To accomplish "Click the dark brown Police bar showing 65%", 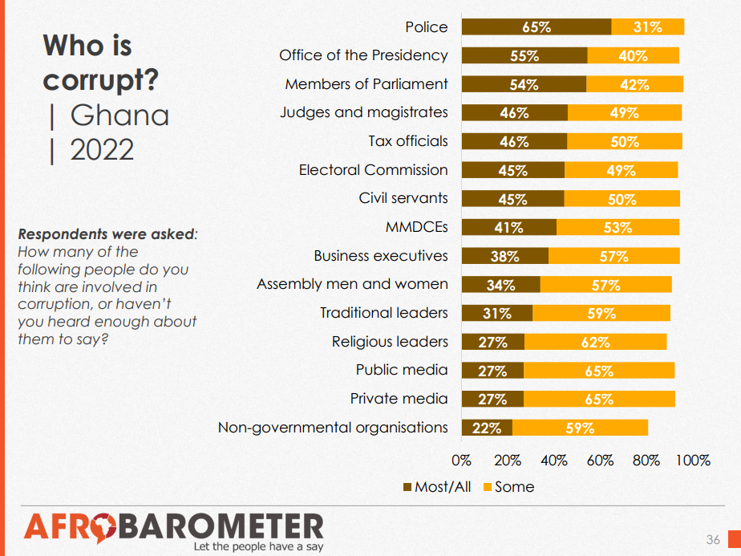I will pos(537,26).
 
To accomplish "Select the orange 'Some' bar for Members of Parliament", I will pos(634,84).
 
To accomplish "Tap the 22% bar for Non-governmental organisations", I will pos(487,428).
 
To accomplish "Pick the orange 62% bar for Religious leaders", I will pos(595,342).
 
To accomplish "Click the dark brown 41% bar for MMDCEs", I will pos(508,227).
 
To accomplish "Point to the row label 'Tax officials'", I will pos(407,141).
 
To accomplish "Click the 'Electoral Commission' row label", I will pos(373,170).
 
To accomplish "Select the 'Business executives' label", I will pos(380,256).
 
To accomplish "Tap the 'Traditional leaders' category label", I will pos(383,313).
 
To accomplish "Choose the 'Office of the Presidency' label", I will pos(363,55).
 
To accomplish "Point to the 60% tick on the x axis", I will pos(600,461).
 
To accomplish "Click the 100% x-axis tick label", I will pos(693,461).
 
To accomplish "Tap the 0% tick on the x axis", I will pos(462,461).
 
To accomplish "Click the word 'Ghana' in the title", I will pos(119,116).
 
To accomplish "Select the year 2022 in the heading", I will pos(102,150).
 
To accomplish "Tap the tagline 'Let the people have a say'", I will pos(257,547).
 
